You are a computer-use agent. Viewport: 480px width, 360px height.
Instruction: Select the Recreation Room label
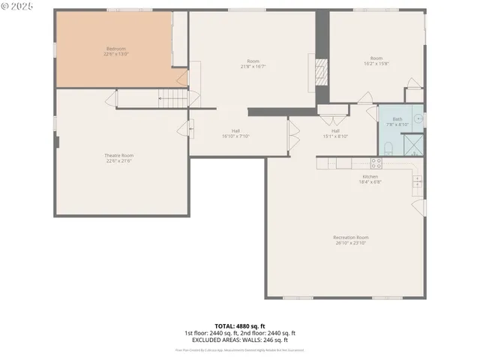[x=351, y=238]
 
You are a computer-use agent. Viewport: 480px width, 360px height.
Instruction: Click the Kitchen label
[x=370, y=176]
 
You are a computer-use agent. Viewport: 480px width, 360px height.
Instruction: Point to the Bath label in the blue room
[x=397, y=119]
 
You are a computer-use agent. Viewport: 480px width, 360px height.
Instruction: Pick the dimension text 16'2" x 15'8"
[x=376, y=63]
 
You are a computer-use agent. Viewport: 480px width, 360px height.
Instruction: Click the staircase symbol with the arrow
[x=172, y=97]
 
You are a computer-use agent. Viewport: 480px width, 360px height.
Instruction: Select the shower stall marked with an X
[x=412, y=144]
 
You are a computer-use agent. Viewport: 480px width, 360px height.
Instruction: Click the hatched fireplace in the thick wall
[x=321, y=72]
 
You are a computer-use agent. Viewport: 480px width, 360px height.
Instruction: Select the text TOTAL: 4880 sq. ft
[x=240, y=325]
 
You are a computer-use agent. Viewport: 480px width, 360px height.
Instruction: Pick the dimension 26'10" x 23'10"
[x=351, y=243]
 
